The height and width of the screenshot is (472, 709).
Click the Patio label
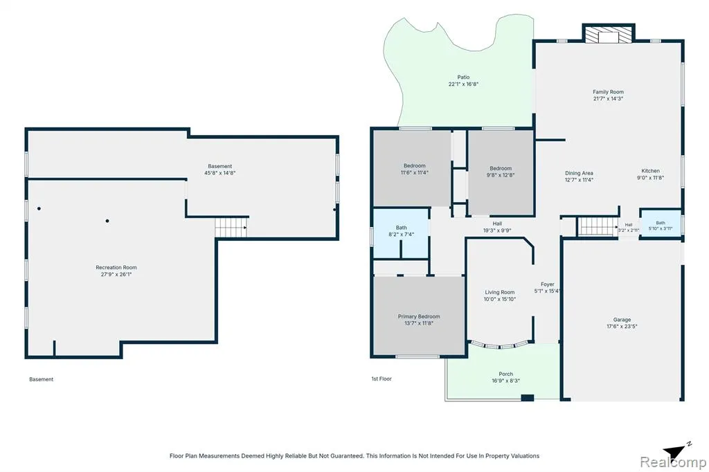(x=463, y=78)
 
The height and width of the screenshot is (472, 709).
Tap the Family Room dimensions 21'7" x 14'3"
(x=608, y=98)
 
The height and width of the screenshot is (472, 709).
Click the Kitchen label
(x=651, y=171)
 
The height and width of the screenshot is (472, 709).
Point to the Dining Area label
(x=579, y=173)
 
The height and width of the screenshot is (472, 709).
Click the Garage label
(x=622, y=320)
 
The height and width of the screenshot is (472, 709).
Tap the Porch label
(x=506, y=374)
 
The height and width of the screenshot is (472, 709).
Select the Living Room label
(x=500, y=293)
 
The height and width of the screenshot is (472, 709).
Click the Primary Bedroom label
(x=419, y=316)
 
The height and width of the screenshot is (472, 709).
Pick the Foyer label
(x=548, y=284)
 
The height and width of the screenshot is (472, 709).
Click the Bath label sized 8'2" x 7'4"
(x=401, y=228)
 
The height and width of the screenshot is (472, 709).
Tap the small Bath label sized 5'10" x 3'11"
(x=661, y=223)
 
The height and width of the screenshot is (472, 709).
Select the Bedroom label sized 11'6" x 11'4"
(x=415, y=166)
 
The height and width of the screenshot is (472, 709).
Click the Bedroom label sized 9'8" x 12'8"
(x=501, y=168)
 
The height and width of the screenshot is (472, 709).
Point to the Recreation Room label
(x=116, y=268)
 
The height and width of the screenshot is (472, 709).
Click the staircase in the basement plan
(x=231, y=228)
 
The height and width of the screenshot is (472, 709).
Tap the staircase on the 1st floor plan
(x=598, y=226)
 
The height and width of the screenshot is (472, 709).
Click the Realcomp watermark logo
(x=673, y=462)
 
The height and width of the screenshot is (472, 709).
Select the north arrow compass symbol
(x=676, y=451)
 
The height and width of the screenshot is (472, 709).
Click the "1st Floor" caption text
(x=382, y=379)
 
